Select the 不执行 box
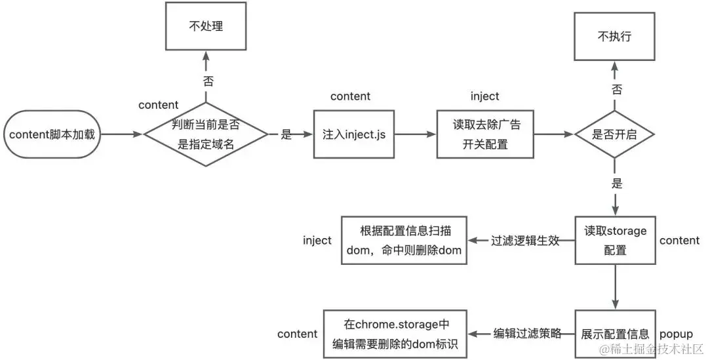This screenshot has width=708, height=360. click(x=615, y=37)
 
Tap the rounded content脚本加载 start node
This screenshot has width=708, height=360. click(x=52, y=134)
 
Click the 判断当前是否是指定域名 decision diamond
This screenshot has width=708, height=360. click(x=206, y=134)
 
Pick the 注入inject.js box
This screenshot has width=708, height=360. click(x=354, y=134)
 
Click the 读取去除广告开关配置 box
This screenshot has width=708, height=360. click(x=486, y=134)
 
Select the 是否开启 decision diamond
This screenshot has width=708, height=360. click(x=614, y=134)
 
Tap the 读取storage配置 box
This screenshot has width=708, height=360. click(x=615, y=240)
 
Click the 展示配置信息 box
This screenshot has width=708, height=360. click(x=615, y=334)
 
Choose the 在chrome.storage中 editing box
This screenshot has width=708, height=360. click(x=395, y=334)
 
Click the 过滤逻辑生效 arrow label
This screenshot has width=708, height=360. click(x=525, y=240)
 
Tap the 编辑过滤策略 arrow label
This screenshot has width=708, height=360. click(x=527, y=334)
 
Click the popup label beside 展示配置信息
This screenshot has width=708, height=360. click(x=675, y=334)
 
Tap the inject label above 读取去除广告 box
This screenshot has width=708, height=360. click(x=484, y=96)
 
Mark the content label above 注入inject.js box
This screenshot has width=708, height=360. click(x=350, y=96)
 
